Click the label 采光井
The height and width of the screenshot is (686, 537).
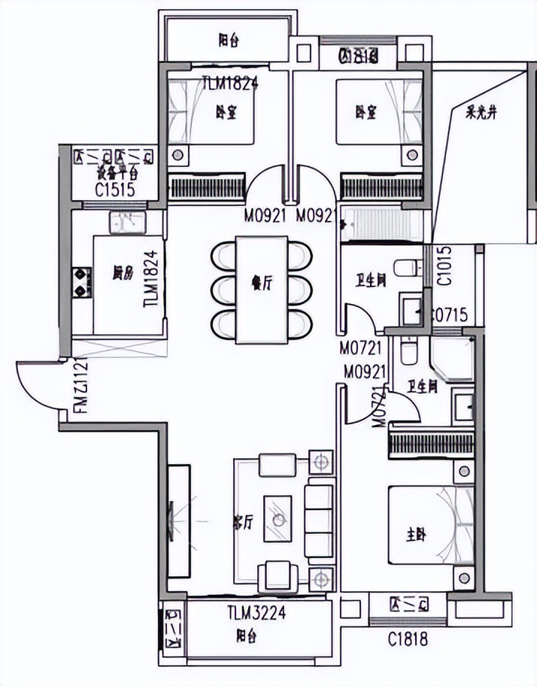[x=482, y=115]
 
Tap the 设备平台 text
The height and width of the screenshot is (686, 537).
[x=115, y=171]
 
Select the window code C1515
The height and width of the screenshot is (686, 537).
[x=115, y=189]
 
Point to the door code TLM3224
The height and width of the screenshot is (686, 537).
[x=256, y=612]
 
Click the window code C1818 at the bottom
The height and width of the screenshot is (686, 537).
[x=408, y=640]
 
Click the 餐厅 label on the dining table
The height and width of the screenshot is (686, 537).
[x=261, y=284]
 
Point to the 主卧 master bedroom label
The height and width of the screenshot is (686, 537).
[x=416, y=536]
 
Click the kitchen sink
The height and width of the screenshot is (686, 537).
[x=126, y=222]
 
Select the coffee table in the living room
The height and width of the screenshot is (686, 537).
[x=278, y=518]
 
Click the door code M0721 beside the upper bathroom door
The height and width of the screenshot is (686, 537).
[x=361, y=348]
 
